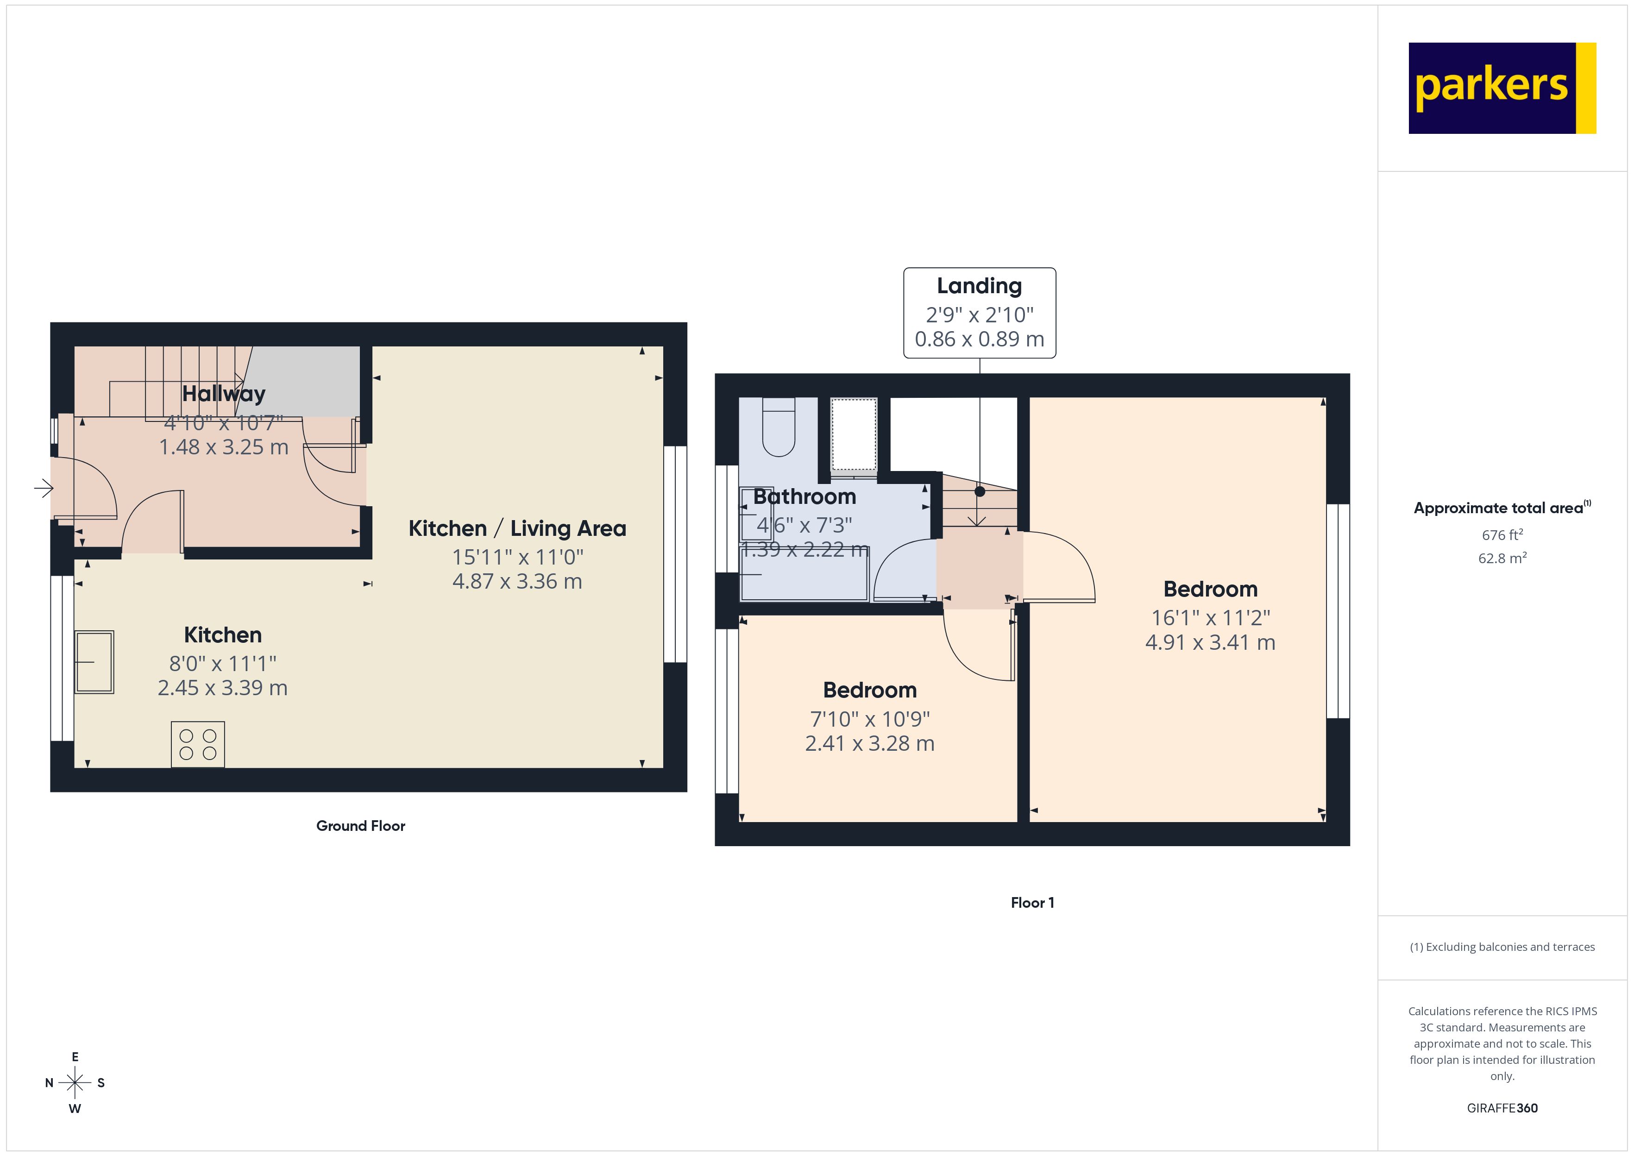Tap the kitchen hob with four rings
[198, 745]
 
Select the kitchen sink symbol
[94, 662]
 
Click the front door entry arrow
[44, 488]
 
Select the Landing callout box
[979, 313]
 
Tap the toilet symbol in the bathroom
[779, 427]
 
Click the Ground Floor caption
[360, 826]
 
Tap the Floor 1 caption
[1032, 903]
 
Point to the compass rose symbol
[75, 1083]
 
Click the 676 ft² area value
[1502, 534]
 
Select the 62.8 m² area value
[1502, 558]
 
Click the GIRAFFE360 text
[1502, 1107]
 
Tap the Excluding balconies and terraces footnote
[1502, 947]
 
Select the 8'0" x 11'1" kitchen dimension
[223, 663]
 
